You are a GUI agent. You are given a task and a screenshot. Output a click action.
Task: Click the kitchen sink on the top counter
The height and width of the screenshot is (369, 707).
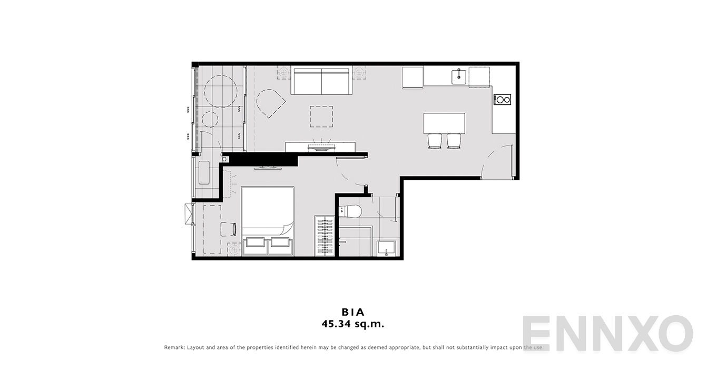459,77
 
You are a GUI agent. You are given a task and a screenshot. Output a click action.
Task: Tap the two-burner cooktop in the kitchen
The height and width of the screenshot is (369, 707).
503,100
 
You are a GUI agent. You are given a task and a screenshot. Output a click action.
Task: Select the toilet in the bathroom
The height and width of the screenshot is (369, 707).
350,211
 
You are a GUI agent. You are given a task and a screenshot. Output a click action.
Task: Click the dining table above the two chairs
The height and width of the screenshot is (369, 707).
445,123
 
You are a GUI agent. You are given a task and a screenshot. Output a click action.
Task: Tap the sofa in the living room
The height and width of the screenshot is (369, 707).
321,80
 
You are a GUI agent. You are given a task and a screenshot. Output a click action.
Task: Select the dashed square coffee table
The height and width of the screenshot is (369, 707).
321,116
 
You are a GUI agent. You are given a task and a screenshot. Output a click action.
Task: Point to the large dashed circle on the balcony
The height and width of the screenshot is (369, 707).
221,91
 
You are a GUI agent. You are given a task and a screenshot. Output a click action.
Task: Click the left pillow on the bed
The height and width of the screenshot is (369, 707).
256,242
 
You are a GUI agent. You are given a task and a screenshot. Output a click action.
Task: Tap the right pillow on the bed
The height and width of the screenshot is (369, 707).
280,242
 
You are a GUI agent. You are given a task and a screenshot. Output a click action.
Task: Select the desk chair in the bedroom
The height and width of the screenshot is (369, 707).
228,229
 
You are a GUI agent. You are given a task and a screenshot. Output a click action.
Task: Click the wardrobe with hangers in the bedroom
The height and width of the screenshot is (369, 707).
324,236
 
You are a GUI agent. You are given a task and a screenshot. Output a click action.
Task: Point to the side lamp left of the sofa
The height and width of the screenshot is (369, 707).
283,73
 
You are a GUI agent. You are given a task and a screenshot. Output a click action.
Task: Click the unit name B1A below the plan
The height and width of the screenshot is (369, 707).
353,312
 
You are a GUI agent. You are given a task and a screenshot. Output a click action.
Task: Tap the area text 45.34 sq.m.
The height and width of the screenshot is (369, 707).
353,324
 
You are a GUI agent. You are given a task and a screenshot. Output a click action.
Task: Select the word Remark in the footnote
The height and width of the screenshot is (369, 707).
174,347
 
